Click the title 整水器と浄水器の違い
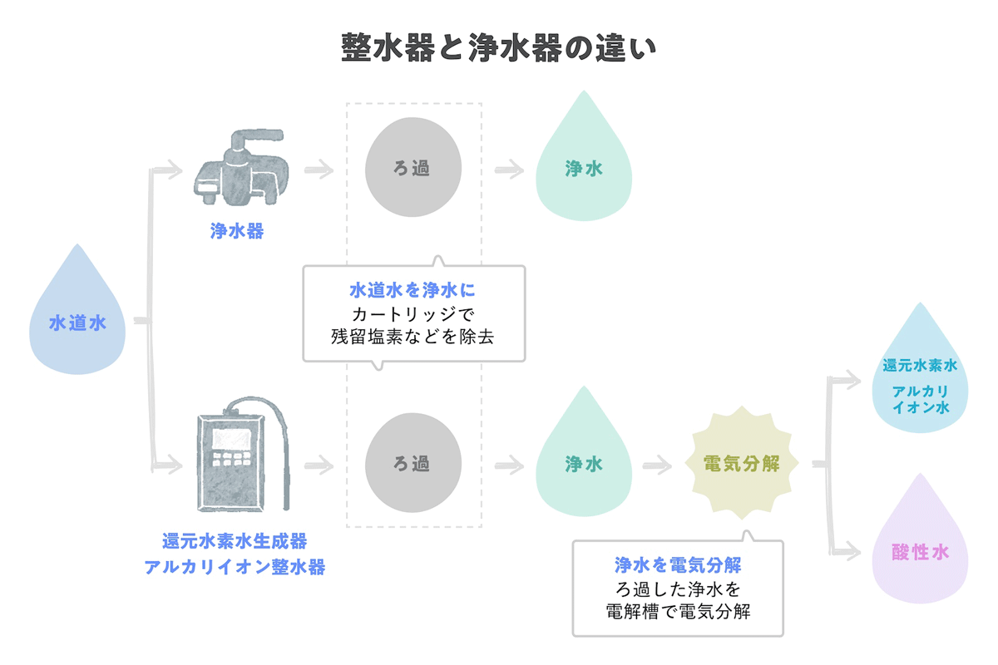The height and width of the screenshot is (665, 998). click(499, 47)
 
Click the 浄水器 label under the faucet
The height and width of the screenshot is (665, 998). click(237, 231)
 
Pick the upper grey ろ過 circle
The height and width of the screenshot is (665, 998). click(413, 169)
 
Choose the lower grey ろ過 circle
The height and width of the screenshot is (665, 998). click(413, 464)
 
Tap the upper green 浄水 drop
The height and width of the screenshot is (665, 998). click(584, 166)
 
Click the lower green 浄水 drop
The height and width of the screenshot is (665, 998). click(584, 461)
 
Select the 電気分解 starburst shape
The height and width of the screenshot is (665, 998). click(741, 464)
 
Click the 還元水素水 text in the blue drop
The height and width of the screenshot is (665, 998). click(920, 366)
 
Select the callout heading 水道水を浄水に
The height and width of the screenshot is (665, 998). click(413, 291)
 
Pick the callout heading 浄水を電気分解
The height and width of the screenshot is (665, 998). click(678, 565)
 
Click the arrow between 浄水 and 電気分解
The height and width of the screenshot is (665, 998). click(658, 465)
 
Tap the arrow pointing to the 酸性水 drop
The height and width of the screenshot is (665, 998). click(847, 547)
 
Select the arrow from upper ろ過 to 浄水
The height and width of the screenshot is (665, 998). click(509, 170)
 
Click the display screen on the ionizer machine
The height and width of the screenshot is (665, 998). click(232, 437)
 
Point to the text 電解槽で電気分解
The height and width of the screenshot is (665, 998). click(678, 613)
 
